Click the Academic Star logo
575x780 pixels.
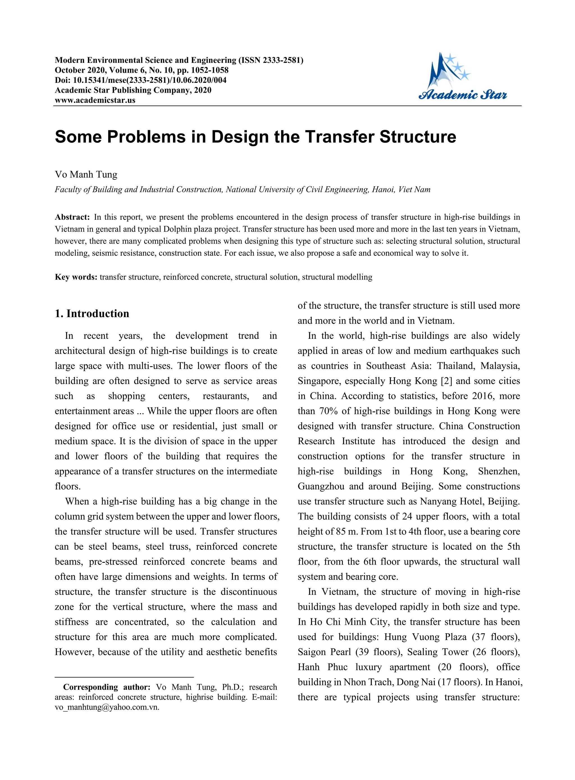[x=463, y=77]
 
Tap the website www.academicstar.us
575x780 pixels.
[x=95, y=100]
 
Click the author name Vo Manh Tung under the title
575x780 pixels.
[x=86, y=174]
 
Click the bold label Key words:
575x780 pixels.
[x=76, y=277]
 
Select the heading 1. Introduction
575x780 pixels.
[x=92, y=314]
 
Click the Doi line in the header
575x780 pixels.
[x=141, y=80]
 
